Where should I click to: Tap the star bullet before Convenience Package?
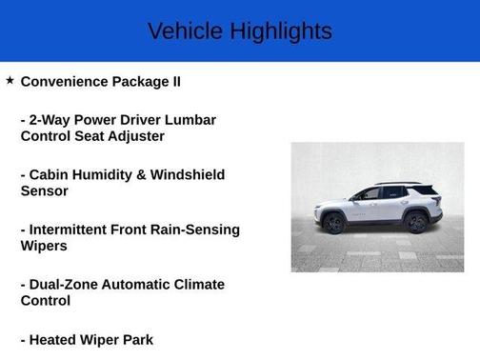pyautogui.click(x=10, y=81)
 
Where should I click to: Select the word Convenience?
pyautogui.click(x=66, y=81)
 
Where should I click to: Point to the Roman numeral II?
pyautogui.click(x=174, y=81)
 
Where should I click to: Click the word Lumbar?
pyautogui.click(x=190, y=120)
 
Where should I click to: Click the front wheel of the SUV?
pyautogui.click(x=333, y=223)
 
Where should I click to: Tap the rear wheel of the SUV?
pyautogui.click(x=415, y=222)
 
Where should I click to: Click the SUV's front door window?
pyautogui.click(x=367, y=193)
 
